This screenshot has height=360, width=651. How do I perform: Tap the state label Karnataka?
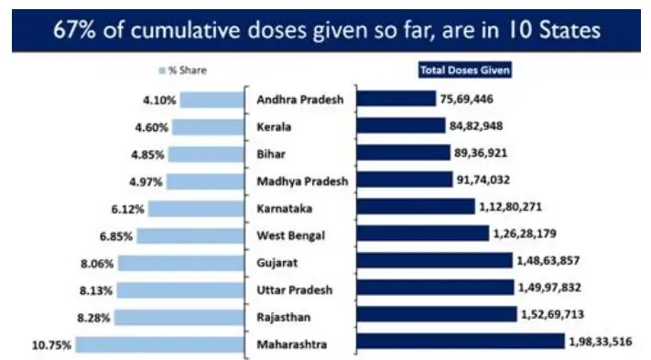click(x=288, y=208)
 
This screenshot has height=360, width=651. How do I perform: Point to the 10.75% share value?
click(x=54, y=346)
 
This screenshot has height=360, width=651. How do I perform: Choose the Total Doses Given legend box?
click(x=464, y=69)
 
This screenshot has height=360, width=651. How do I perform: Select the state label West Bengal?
click(x=292, y=235)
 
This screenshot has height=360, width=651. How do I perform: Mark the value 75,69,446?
click(x=473, y=99)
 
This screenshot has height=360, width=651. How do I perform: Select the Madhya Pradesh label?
click(x=302, y=180)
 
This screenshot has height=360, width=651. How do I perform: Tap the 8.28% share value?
click(x=96, y=318)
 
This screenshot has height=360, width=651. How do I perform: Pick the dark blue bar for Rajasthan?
click(x=435, y=314)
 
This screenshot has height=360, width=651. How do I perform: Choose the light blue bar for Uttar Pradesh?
click(x=179, y=290)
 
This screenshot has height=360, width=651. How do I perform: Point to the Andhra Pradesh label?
click(x=299, y=99)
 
